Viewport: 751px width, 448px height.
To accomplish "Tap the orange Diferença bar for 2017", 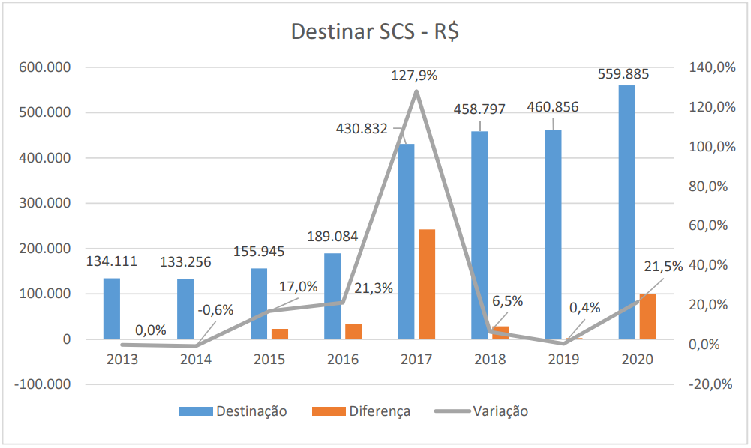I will tap(427, 284).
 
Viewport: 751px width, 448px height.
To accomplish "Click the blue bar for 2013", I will tap(111, 309).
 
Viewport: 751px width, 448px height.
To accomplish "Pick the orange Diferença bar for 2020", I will tap(647, 317).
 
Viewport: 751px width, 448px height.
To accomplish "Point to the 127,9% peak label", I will tap(414, 76).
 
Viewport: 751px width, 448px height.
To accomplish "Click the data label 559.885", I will tap(623, 74).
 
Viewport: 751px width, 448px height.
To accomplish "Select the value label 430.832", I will tap(362, 129).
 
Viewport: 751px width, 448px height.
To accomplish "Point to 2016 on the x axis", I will tap(343, 359).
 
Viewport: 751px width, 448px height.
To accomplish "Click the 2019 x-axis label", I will tap(563, 359).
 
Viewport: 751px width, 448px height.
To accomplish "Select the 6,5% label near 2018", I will tap(508, 301).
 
